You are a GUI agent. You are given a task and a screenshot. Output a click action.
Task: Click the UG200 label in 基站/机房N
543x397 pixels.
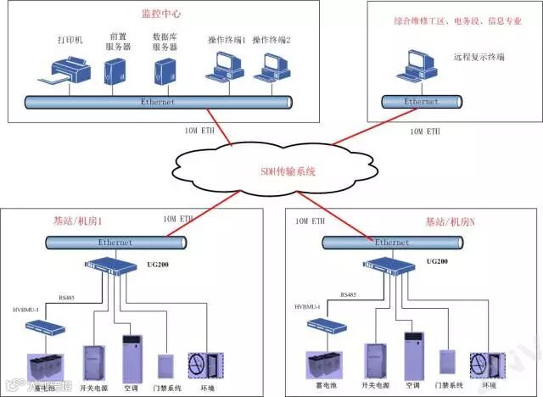point(437,262)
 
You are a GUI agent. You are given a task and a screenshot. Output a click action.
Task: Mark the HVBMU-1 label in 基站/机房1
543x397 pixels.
point(25,310)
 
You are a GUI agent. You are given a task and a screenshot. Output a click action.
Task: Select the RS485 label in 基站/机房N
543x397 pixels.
point(349,294)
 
